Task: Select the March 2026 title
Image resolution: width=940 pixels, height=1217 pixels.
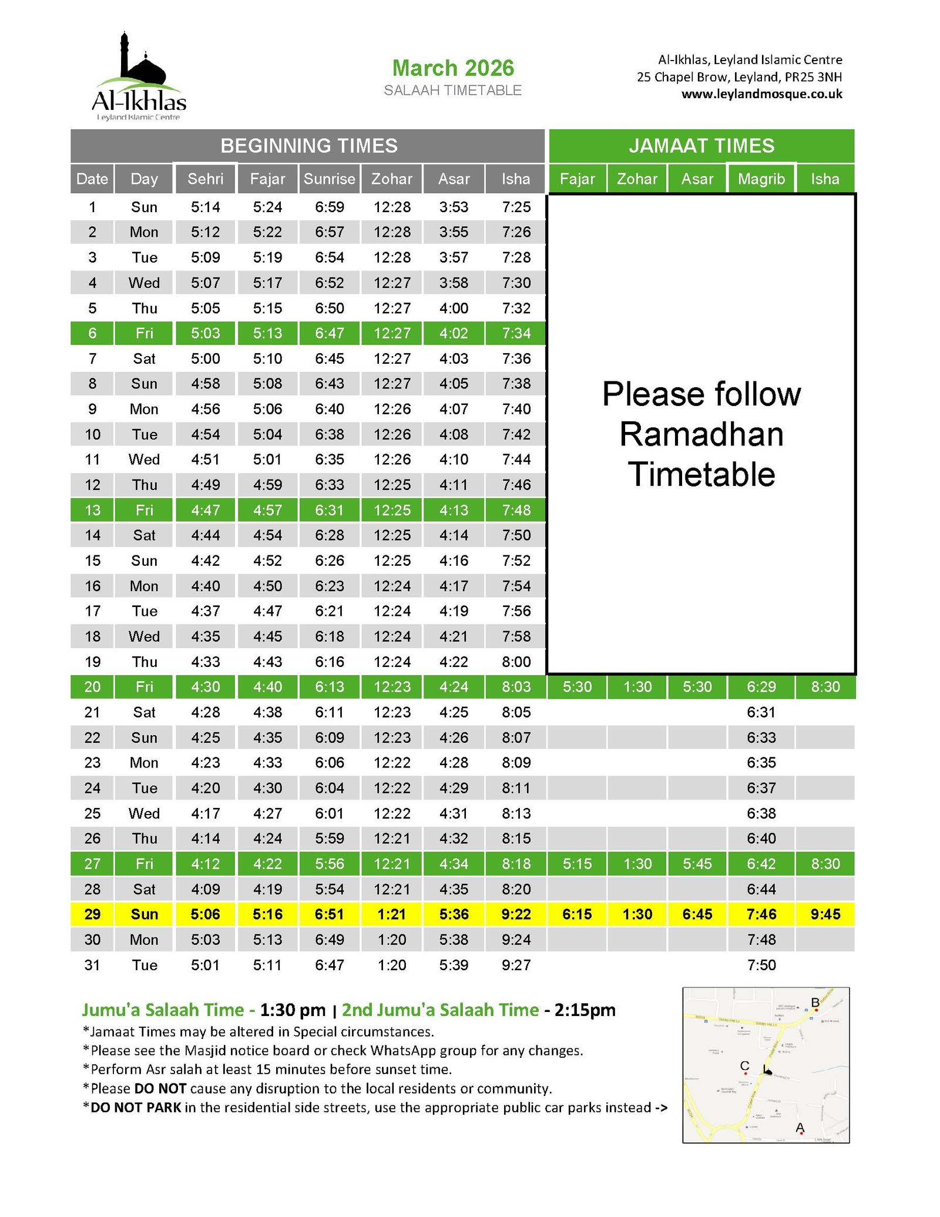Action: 453,68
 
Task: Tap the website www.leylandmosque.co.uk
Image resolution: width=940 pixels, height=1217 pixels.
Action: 761,94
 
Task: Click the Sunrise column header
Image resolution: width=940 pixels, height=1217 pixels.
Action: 329,179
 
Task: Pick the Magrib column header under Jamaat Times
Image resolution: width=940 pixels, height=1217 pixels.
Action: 761,179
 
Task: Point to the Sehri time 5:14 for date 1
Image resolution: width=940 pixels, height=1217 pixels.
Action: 205,207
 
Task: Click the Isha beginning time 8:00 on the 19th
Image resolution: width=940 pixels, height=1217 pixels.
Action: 516,662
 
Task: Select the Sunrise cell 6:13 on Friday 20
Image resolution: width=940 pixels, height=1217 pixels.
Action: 329,687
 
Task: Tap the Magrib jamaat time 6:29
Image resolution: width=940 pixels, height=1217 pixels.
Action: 761,687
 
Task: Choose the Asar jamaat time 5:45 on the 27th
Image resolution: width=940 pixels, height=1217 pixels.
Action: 697,864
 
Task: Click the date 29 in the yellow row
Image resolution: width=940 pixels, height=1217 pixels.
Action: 92,914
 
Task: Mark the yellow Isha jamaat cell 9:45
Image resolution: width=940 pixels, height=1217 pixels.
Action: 825,914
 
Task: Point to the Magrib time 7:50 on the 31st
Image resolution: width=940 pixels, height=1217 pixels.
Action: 761,965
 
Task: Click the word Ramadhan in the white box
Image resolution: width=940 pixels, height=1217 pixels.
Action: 701,434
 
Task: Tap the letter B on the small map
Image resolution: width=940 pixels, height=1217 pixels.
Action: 815,1002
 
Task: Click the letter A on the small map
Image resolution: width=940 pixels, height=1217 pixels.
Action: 799,1127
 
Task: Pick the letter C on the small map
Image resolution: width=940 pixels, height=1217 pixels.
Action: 744,1065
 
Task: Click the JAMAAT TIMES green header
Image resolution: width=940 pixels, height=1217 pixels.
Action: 701,146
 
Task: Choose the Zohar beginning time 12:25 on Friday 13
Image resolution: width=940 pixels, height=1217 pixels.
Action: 392,510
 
